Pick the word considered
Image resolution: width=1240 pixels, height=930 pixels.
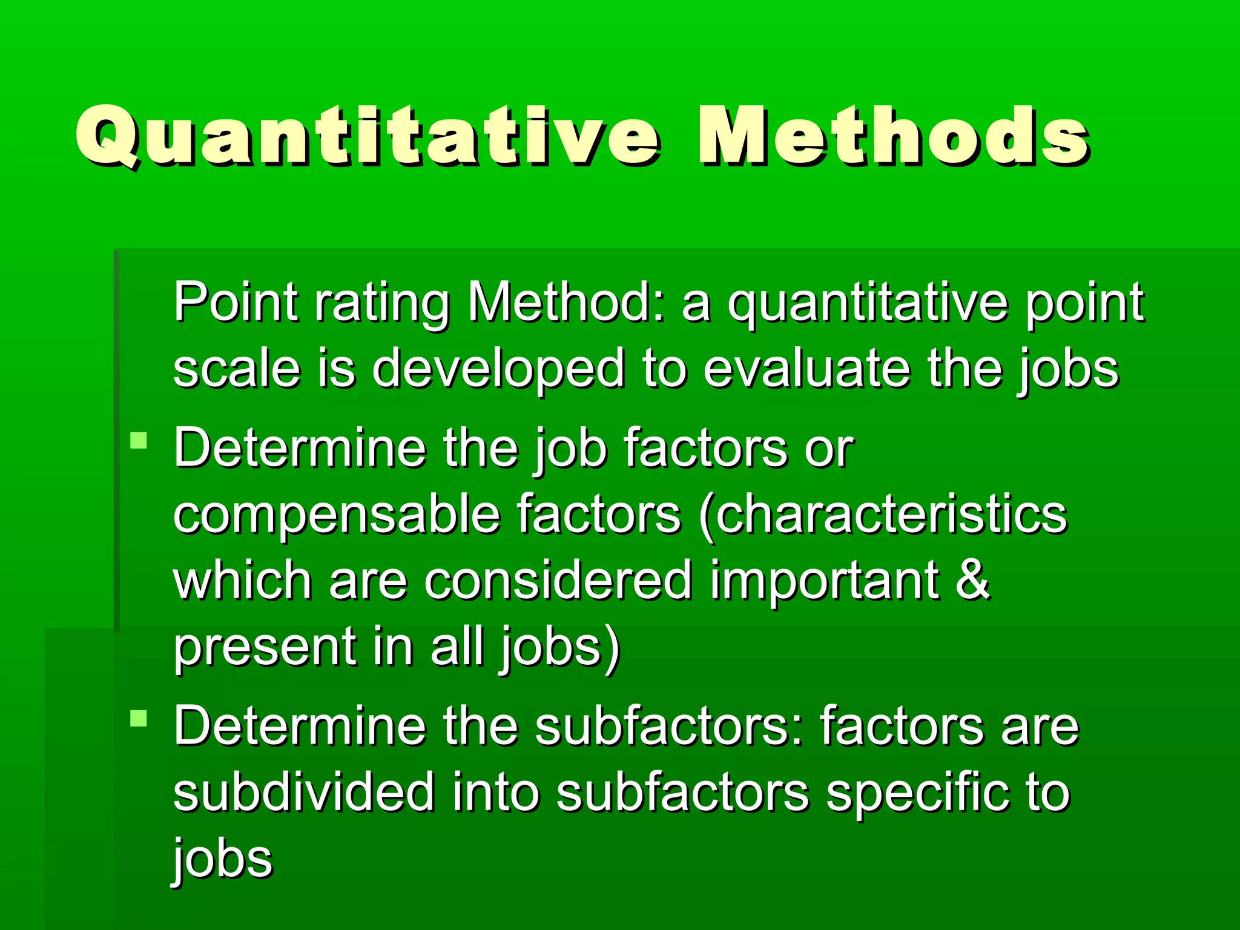coord(558,580)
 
